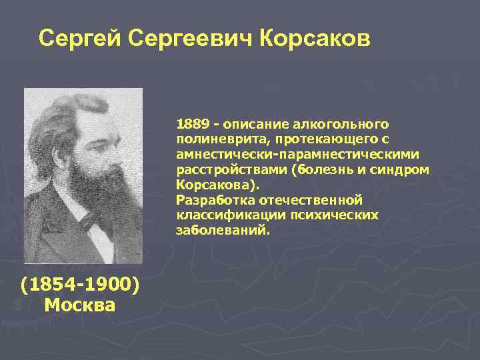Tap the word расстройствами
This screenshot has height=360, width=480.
click(x=231, y=170)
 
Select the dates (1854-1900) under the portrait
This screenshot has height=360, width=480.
click(x=80, y=286)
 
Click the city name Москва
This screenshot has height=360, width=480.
click(x=80, y=306)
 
